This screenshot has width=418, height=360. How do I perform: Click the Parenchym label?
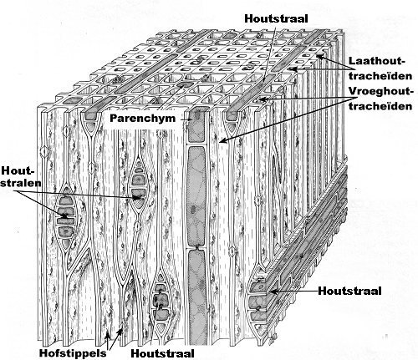(x=143, y=119)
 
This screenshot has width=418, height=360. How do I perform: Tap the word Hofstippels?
(x=73, y=353)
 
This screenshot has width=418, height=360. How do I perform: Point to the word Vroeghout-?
(x=380, y=91)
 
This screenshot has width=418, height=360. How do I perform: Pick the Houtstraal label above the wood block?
(x=276, y=18)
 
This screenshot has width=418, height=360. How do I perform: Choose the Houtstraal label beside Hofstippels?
(x=162, y=353)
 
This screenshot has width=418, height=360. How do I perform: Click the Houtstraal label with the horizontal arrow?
(x=349, y=291)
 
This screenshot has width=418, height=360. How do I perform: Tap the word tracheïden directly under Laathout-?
(x=380, y=76)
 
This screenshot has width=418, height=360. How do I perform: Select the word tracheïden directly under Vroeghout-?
(x=380, y=106)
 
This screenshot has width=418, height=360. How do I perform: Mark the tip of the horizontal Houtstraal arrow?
(x=270, y=292)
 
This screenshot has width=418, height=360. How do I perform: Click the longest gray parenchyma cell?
(x=197, y=196)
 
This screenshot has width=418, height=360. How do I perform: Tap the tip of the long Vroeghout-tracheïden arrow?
(x=221, y=142)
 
